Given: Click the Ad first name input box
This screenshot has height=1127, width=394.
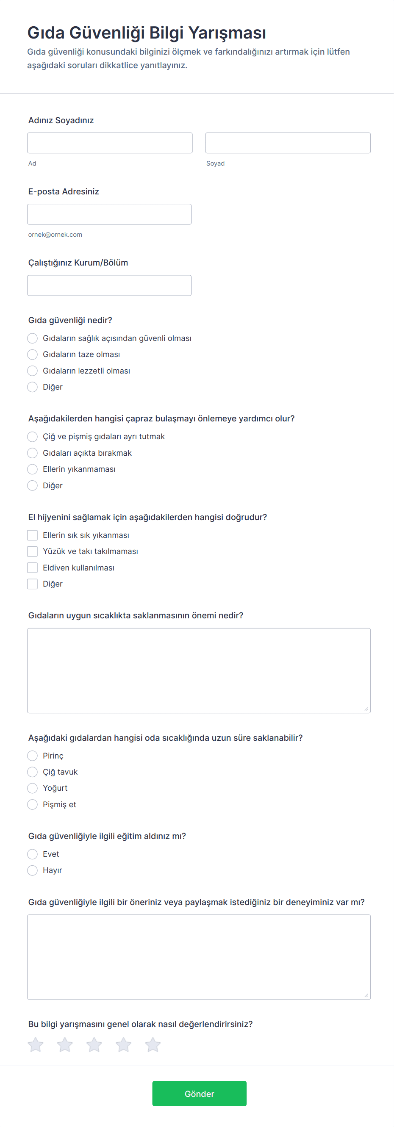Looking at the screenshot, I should [x=109, y=143].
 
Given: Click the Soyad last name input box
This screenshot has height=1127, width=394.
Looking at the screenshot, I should [x=288, y=143].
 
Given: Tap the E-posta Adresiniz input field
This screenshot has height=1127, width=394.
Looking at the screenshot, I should [x=109, y=214].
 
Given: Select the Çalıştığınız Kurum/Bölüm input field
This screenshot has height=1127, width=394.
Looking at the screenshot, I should [x=109, y=286].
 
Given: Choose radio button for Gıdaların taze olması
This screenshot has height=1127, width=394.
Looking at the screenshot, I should [x=32, y=354].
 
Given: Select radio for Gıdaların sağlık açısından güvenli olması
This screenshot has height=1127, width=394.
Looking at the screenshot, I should [x=32, y=338].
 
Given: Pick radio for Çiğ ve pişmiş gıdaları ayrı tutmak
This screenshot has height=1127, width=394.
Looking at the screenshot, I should [x=32, y=437].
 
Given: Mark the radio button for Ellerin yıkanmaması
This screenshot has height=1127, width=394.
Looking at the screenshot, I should [x=32, y=469].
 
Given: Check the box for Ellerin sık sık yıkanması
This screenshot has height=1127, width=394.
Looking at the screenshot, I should [x=32, y=535].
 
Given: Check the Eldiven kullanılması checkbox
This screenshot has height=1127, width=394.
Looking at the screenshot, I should [x=32, y=568].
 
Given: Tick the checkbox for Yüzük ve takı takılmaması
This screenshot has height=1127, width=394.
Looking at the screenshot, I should [x=32, y=551].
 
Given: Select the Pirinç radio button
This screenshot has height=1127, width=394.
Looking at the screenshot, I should [x=32, y=756].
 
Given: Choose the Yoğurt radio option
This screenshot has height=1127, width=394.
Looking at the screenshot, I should [x=32, y=788].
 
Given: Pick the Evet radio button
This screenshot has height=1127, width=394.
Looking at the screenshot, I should [x=32, y=854].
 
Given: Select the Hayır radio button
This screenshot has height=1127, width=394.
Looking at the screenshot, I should [x=32, y=871].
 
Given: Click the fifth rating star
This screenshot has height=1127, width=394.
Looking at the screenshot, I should [x=153, y=1045].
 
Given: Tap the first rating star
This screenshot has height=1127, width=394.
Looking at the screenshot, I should [x=36, y=1045].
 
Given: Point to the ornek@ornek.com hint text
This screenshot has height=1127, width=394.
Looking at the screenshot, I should [x=55, y=235].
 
